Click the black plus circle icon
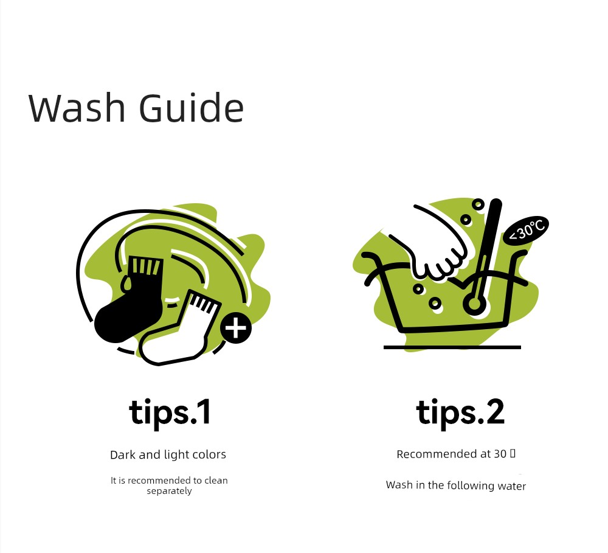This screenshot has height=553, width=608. [236, 328]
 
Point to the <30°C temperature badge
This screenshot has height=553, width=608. [526, 231]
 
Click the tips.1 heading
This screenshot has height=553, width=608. [170, 412]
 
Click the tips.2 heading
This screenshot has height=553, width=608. [460, 412]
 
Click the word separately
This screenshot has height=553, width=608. [169, 492]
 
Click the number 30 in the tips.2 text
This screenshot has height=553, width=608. [500, 454]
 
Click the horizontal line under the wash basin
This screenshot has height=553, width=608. [452, 347]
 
